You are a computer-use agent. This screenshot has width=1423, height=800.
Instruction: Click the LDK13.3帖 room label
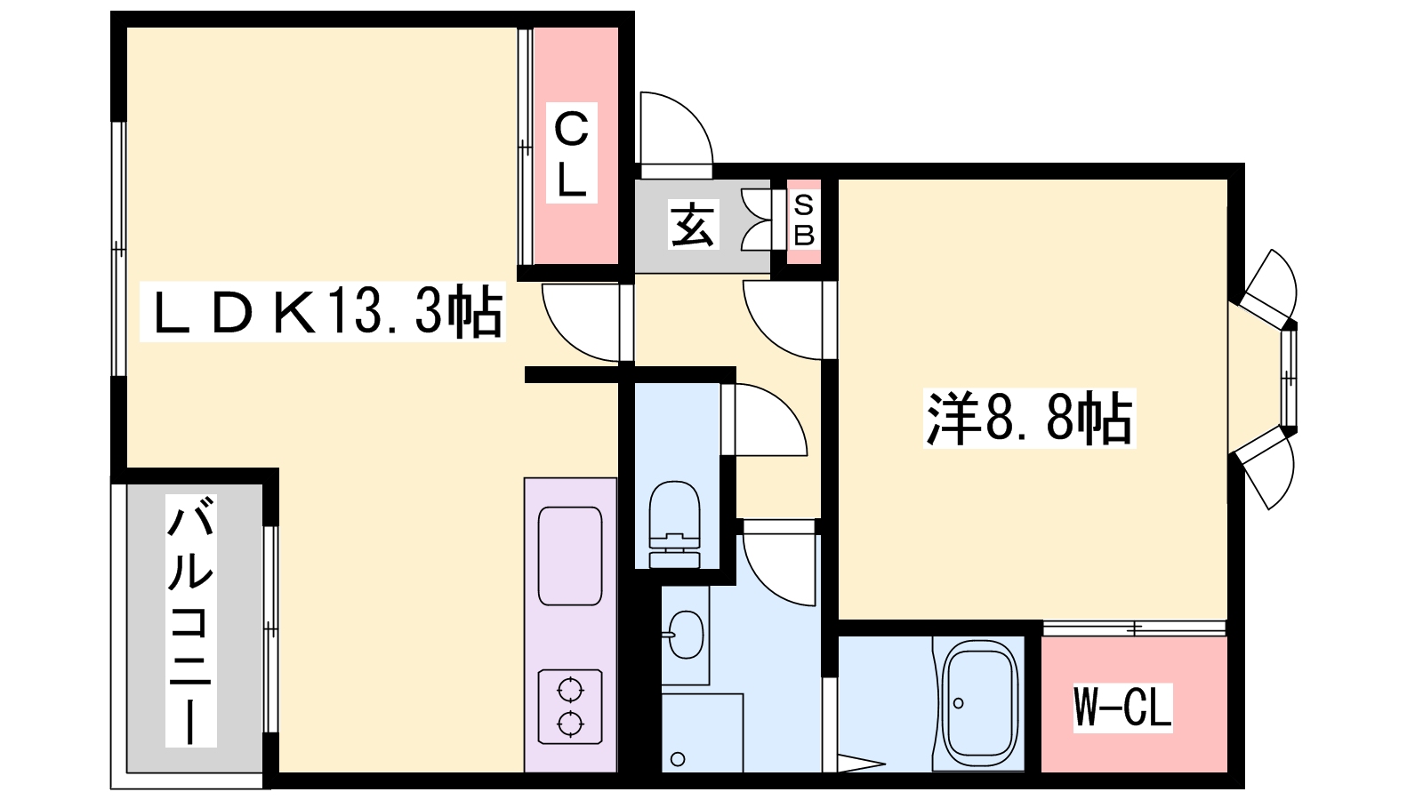click(x=322, y=312)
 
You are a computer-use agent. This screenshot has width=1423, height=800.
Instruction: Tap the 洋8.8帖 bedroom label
click(x=1029, y=419)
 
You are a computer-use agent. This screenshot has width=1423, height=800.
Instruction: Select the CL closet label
click(x=572, y=153)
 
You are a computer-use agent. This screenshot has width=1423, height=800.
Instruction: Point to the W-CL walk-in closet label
click(x=1122, y=708)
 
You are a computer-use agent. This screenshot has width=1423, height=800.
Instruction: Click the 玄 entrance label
click(x=693, y=223)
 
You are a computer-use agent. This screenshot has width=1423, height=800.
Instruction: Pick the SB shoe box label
click(x=804, y=220)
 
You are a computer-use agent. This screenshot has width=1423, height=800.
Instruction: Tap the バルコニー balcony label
click(x=190, y=620)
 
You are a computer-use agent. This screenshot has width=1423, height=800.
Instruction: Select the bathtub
click(x=980, y=704)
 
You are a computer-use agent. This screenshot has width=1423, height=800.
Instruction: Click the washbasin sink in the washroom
click(x=686, y=635)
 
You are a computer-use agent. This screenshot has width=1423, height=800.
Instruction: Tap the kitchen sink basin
click(x=570, y=556)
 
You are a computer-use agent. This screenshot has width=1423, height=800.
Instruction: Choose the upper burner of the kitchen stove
click(x=570, y=690)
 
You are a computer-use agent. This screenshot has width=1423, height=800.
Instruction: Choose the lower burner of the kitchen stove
click(x=570, y=724)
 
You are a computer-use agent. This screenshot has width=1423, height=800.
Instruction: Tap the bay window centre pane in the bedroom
click(x=1289, y=378)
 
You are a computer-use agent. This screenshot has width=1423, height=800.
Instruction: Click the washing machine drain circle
click(x=678, y=759)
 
